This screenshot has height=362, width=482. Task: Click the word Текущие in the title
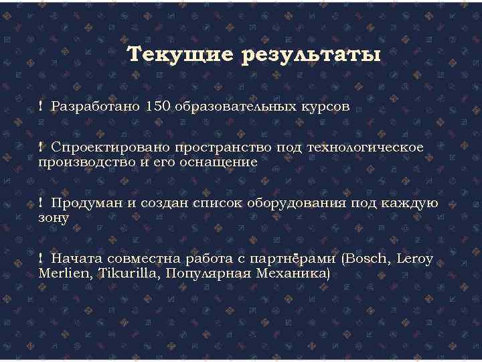point(177,55)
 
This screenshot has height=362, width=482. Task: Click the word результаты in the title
point(307,55)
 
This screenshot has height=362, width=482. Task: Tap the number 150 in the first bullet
point(158,106)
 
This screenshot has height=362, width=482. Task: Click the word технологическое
point(366,147)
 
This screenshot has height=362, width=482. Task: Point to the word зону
point(54,219)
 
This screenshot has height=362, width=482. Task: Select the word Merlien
point(65,274)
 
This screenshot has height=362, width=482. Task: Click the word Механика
point(294,274)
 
